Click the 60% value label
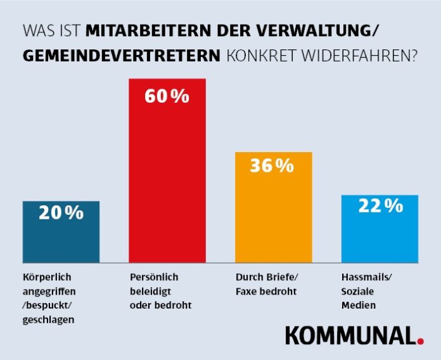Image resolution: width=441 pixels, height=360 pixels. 167,97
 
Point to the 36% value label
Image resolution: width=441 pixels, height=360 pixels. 272,166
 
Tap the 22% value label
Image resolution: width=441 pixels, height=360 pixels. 380,206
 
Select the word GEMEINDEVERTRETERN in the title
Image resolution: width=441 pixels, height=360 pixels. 122,56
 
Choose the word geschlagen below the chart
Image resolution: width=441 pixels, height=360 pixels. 48,319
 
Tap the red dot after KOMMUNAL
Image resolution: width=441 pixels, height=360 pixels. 420,342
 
